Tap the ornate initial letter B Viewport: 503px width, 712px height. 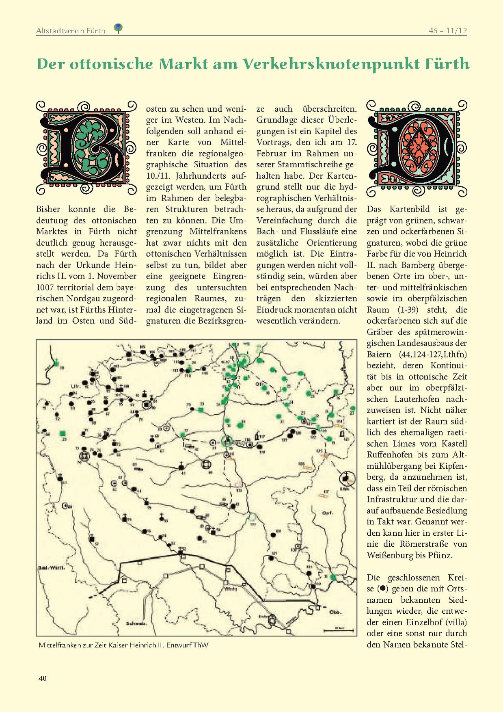[x=86, y=147]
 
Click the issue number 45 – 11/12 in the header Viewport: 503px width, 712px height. [x=448, y=30]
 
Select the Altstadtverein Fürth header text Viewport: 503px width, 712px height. [x=71, y=31]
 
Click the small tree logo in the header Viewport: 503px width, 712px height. [x=118, y=28]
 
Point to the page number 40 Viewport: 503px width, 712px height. [x=42, y=678]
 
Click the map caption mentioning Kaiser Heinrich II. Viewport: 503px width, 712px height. [x=123, y=645]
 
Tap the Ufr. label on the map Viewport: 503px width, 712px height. [x=76, y=386]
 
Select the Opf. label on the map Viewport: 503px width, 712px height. [x=327, y=513]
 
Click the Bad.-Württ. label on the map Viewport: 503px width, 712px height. [x=52, y=568]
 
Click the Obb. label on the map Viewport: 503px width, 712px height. [x=335, y=612]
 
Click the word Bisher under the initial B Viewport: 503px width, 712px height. [x=48, y=209]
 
